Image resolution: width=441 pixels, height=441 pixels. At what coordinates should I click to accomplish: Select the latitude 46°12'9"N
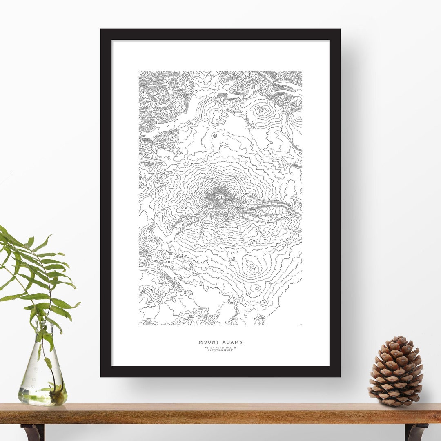212,347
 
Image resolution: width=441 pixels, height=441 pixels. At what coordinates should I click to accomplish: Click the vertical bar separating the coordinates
219,347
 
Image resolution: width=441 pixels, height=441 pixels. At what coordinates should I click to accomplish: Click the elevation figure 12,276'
228,350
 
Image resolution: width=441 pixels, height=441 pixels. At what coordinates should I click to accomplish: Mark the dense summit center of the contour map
219,198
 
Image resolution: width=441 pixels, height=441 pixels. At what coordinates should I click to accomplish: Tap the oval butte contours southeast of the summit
251,266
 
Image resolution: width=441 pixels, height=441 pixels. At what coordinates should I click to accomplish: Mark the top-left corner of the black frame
101,29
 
